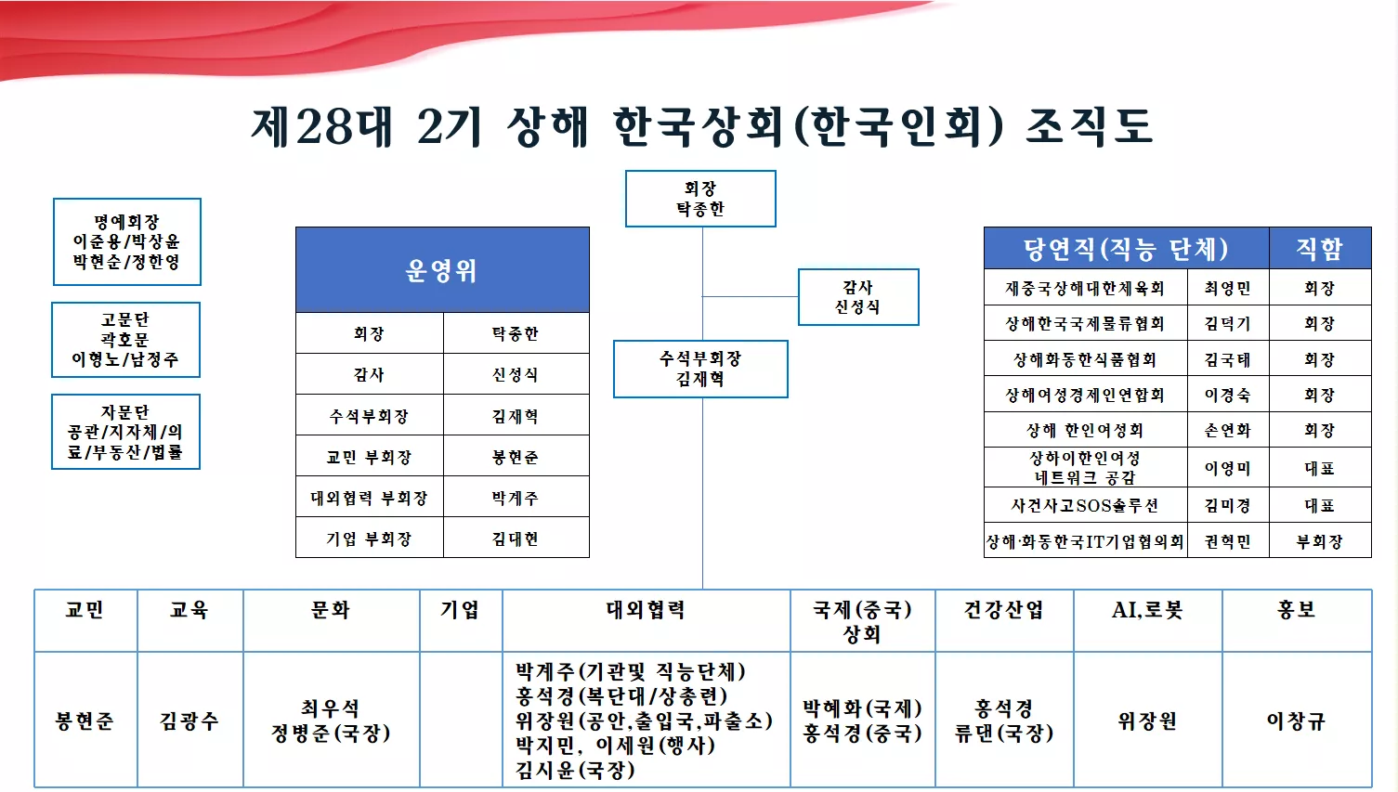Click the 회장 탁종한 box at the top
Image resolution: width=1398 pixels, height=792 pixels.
(x=700, y=199)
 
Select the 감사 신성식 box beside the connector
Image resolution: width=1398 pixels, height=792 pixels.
(x=858, y=297)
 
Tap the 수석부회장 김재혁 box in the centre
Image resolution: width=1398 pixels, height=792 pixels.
(x=700, y=369)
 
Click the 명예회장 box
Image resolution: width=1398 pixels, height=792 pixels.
(x=126, y=241)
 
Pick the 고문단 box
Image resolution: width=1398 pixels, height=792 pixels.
(x=125, y=340)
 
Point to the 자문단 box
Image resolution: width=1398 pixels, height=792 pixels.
(x=125, y=432)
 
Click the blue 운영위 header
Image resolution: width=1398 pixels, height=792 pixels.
(x=442, y=269)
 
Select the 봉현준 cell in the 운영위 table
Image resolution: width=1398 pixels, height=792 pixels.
(x=516, y=457)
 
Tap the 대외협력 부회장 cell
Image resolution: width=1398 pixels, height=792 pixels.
(x=370, y=498)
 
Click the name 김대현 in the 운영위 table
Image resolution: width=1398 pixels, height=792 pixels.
(x=516, y=539)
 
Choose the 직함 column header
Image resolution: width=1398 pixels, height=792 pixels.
(x=1319, y=249)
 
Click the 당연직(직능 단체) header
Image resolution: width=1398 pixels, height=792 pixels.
(x=1127, y=249)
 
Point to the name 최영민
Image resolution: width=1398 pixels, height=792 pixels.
(x=1228, y=288)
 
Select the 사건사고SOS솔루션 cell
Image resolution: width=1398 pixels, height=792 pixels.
(x=1085, y=504)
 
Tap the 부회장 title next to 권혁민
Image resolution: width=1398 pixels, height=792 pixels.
(x=1319, y=541)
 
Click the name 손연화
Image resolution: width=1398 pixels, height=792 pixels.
(x=1228, y=430)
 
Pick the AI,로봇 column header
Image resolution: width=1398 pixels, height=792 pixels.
(x=1148, y=609)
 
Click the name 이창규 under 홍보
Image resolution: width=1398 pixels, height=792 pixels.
(x=1296, y=721)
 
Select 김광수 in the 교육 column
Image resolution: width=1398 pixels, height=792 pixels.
(x=189, y=721)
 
